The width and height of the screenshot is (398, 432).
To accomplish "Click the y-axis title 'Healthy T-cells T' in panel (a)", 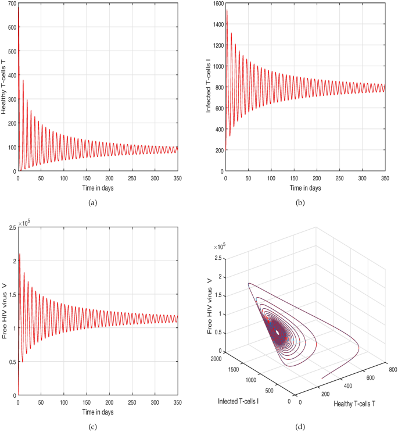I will click(x=5, y=87).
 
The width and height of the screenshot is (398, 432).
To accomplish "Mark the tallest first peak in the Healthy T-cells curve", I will click(x=19, y=8).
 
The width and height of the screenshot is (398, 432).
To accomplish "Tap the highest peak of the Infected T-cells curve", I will click(x=227, y=10).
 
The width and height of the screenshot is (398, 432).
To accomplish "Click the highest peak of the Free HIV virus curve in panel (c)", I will click(x=20, y=254).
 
